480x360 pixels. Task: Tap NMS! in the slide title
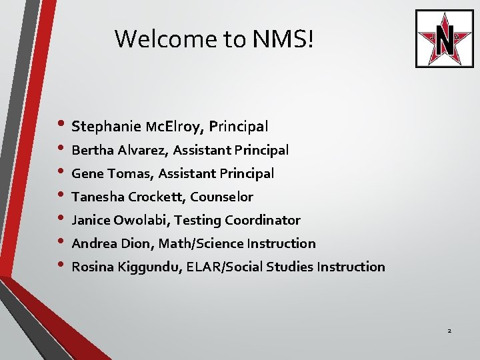(282, 39)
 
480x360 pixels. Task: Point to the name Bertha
(92, 150)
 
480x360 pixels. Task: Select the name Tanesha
(97, 197)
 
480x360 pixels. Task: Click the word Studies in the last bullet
(289, 267)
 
